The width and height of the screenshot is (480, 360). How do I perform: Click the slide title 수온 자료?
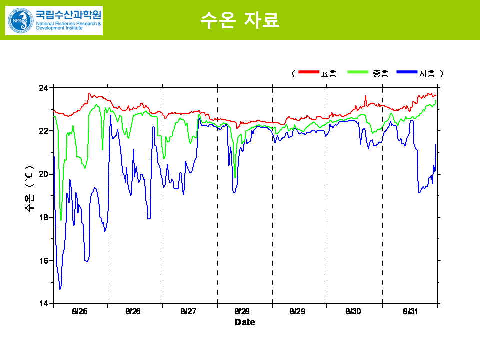click(239, 20)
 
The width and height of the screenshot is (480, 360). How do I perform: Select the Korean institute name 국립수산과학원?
click(68, 14)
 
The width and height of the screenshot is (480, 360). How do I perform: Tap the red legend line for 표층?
click(308, 73)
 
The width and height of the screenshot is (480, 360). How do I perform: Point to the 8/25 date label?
click(80, 311)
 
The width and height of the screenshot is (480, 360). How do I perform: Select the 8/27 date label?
click(188, 311)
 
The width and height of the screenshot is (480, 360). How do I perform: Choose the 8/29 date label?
click(297, 311)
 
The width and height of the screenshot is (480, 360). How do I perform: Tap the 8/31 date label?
click(410, 311)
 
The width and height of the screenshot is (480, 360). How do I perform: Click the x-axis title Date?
click(245, 322)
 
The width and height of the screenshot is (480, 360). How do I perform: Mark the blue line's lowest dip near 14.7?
click(60, 289)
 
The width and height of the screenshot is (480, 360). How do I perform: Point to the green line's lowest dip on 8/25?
click(61, 220)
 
